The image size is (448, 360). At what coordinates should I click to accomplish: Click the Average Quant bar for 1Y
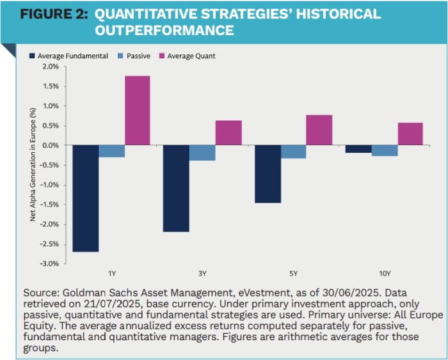point(138,111)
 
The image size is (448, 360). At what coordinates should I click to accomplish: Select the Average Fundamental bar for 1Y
point(85,198)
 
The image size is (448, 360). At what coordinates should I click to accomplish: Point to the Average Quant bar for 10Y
point(410,134)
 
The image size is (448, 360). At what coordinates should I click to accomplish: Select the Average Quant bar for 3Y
point(228,132)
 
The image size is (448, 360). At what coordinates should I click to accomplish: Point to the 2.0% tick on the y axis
point(50,67)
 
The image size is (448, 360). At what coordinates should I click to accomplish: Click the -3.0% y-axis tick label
point(49,263)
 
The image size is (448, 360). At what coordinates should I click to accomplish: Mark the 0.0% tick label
point(50,145)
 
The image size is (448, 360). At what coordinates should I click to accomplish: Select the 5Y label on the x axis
point(293,274)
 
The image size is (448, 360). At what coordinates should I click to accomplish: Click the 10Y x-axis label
point(383,274)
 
